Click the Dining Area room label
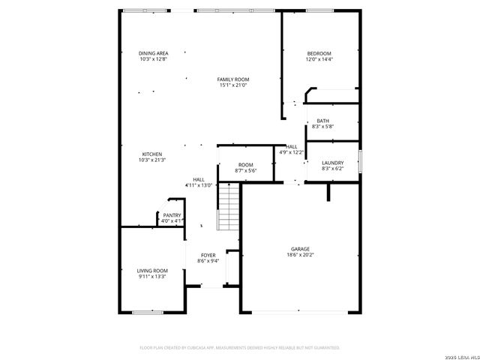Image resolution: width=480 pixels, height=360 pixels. [153, 53]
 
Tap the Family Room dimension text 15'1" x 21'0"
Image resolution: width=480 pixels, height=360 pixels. [233, 85]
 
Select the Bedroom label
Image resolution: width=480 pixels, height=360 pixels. [319, 53]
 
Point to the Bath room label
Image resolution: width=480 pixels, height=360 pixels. [322, 121]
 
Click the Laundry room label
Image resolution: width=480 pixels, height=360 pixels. [332, 163]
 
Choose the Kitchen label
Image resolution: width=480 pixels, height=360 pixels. [152, 154]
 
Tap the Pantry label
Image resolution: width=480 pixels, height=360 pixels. [172, 215]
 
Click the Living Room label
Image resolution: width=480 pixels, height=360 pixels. [151, 270]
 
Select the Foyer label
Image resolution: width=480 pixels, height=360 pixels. [208, 256]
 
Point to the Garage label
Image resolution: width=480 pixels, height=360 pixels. [301, 249]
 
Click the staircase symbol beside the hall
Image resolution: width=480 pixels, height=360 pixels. [228, 207]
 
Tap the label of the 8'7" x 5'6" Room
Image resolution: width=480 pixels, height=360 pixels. [246, 165]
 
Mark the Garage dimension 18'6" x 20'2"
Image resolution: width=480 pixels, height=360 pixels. [301, 255]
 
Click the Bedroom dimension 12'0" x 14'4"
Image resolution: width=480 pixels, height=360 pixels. [319, 59]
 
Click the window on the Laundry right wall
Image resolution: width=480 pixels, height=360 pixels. [360, 160]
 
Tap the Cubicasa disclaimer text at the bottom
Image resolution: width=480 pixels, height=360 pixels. [240, 348]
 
